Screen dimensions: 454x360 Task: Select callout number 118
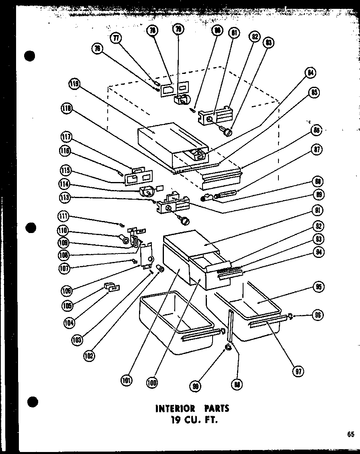(67, 108)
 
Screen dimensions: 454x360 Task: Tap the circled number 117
(67, 137)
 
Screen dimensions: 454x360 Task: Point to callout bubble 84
(311, 73)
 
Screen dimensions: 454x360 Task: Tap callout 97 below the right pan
(298, 370)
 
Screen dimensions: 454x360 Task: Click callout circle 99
(196, 387)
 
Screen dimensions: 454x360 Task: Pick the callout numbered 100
(152, 383)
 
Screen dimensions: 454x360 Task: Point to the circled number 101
(127, 380)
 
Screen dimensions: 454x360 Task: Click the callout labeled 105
(67, 305)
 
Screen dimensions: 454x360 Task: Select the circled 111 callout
(63, 217)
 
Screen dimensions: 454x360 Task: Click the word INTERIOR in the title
(175, 409)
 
